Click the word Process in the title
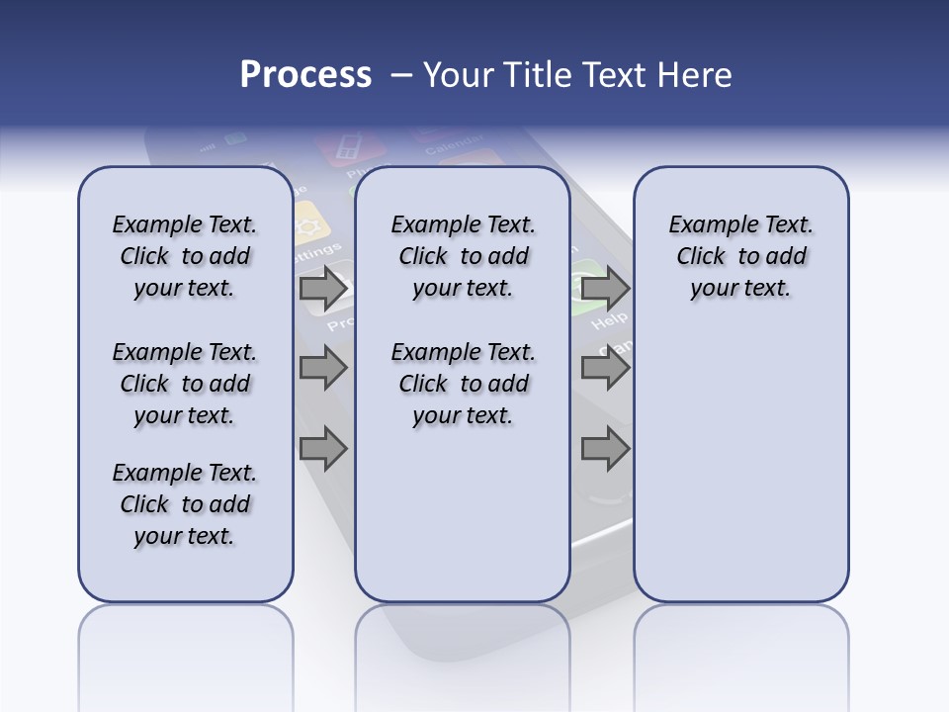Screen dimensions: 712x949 point(305,75)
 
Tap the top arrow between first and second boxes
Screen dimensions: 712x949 point(323,289)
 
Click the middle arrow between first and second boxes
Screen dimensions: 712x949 point(323,368)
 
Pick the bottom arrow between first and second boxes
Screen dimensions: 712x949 point(323,449)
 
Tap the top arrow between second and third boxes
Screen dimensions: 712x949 point(605,289)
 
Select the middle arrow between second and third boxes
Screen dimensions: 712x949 point(605,368)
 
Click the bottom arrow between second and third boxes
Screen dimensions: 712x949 point(605,449)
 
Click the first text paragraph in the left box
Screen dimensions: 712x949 point(184,256)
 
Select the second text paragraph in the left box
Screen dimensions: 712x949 point(184,384)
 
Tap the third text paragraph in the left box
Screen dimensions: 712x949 point(184,504)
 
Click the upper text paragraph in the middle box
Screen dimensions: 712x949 point(463,256)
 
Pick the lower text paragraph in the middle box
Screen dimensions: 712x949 point(463,384)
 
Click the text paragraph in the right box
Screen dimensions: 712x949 point(740,256)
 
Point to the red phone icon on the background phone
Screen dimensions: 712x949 point(350,148)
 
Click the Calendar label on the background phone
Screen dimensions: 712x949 point(454,145)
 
